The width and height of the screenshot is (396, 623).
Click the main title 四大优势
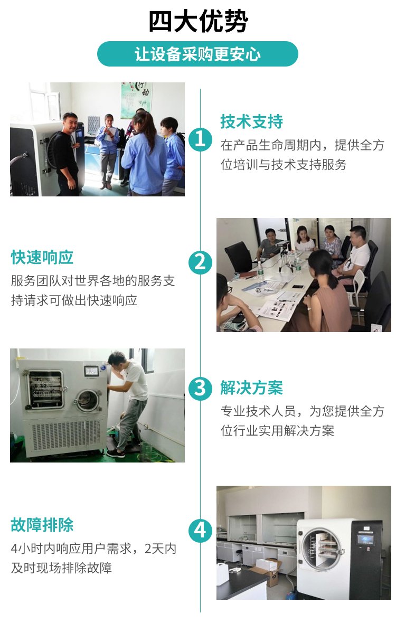[x=198, y=22]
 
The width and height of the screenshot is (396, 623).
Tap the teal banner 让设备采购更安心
[x=197, y=54]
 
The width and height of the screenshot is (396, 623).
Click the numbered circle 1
[x=200, y=139]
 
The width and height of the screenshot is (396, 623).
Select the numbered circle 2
[x=200, y=262]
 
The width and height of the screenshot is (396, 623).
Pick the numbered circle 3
[x=200, y=388]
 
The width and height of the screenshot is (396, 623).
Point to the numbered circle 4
[x=200, y=531]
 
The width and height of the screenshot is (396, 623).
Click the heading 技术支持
[x=251, y=121]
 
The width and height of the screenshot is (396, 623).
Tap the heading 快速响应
[x=42, y=258]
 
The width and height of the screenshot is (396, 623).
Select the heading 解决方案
[x=251, y=388]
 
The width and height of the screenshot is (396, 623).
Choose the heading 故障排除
[x=42, y=525]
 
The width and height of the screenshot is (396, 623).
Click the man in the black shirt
[x=67, y=154]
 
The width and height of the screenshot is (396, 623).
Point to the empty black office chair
[x=238, y=258]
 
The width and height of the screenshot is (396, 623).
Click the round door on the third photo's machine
[x=89, y=401]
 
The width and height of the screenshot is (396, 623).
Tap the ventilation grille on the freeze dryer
[x=65, y=435]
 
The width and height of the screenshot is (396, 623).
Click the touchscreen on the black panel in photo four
[x=365, y=539]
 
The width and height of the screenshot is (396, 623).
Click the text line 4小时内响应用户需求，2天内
[x=93, y=549]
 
